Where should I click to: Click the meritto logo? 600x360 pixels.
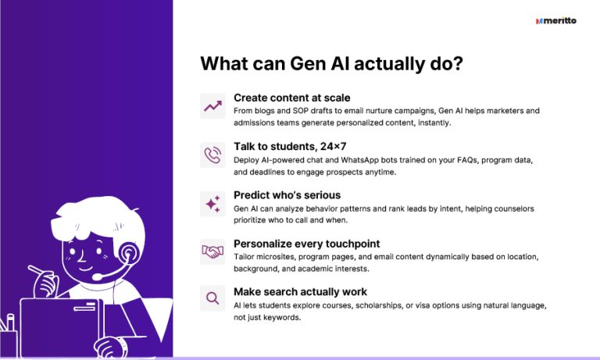coord(556,21)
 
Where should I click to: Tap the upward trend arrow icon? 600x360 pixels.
coord(212,105)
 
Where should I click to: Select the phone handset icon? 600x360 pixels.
coord(212,155)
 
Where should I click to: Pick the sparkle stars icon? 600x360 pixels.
coord(212,203)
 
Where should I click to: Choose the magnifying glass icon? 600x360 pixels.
coord(212,298)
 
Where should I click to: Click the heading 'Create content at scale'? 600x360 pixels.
coord(291,98)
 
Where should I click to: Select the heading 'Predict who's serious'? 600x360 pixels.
coord(287,194)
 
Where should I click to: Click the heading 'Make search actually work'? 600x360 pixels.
coord(299,292)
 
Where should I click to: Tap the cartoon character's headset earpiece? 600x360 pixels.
coord(127,253)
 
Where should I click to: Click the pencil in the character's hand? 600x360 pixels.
coord(39,273)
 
